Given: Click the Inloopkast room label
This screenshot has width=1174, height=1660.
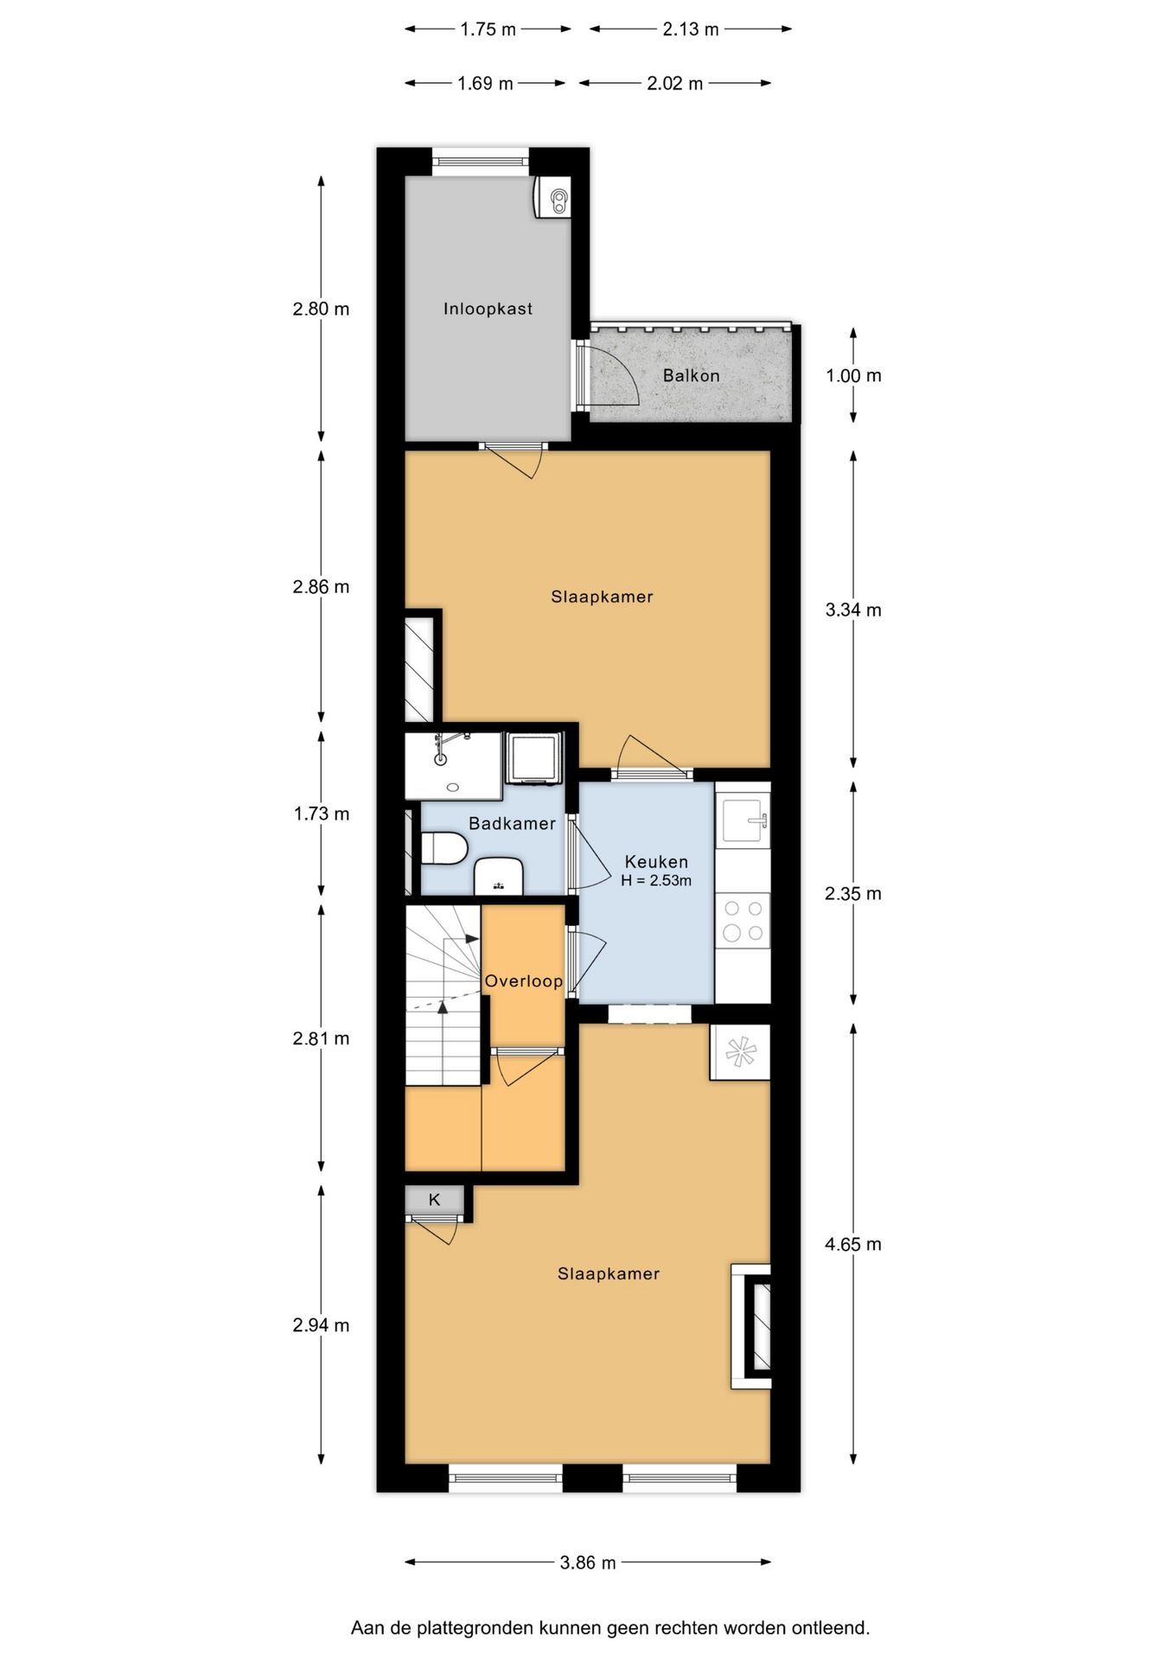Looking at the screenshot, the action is pos(488,309).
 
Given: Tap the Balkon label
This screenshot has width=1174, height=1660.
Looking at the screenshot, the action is pos(691,375).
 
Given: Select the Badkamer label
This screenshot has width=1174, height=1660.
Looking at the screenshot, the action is pos(512,823).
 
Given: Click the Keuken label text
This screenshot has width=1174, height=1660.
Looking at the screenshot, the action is pos(656,862).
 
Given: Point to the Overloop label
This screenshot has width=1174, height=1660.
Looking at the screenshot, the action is pos(523,981).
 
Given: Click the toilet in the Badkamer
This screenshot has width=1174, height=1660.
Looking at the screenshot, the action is pos(444,848).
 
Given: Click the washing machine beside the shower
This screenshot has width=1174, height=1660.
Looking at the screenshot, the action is pos(533,758).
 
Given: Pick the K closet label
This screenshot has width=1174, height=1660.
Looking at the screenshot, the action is pos(435,1199).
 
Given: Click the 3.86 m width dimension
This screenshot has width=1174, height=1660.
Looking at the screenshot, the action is pos(588,1562).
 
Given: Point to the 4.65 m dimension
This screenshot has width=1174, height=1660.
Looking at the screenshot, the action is pos(853,1244).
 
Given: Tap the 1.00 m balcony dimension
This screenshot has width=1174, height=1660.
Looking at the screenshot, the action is pos(853,375).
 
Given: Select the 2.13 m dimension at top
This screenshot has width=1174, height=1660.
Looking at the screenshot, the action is pos(691,29).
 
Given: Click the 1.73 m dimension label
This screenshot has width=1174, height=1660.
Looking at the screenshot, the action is pos(322,814).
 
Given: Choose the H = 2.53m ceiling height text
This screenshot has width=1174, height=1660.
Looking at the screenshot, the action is pos(656,881).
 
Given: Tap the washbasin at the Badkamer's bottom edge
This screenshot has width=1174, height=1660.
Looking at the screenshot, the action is pos(499,876).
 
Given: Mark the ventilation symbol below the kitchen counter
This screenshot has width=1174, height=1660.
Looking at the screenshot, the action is pos(740,1052).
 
